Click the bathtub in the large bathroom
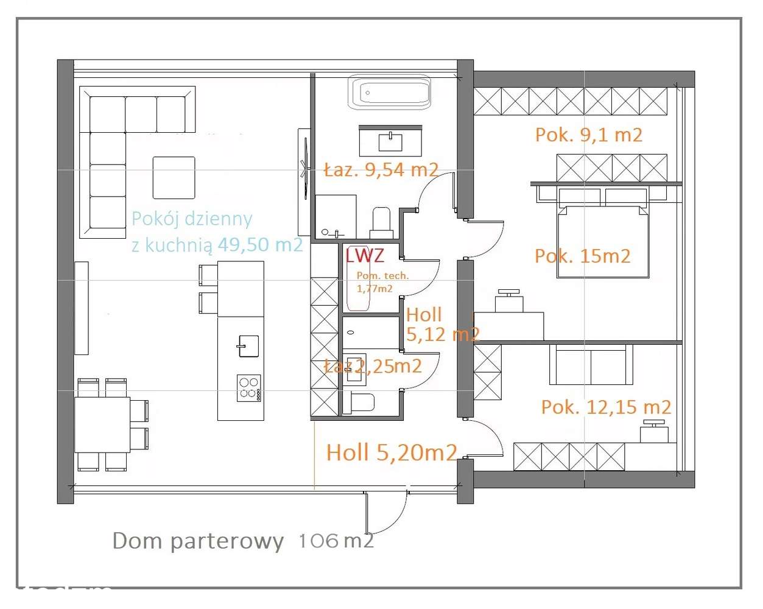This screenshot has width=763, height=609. click(390, 93)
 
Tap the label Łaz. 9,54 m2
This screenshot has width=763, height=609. click(381, 170)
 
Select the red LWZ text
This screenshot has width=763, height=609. click(365, 255)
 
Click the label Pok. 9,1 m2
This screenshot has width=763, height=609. click(588, 135)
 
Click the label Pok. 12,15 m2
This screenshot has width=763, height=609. click(606, 407)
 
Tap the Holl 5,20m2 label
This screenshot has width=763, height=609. click(391, 452)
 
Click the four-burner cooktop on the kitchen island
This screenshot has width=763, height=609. click(248, 388)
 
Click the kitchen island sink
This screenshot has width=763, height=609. click(248, 346)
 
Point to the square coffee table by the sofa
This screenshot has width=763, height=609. click(174, 178)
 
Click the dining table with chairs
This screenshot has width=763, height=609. click(102, 424)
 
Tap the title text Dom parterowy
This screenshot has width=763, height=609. click(198, 541)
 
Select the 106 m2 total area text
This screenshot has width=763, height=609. click(336, 540)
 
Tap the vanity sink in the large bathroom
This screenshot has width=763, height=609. click(390, 143)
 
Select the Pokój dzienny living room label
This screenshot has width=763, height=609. click(192, 219)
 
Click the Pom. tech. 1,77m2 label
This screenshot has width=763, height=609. click(382, 282)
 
